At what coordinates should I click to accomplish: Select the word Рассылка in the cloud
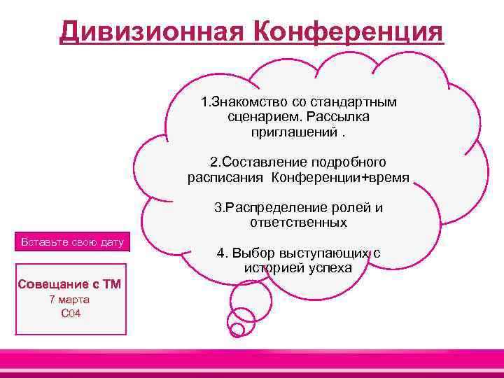click(x=338, y=117)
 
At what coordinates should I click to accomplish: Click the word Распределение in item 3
click(x=292, y=208)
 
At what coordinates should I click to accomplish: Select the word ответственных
click(x=298, y=223)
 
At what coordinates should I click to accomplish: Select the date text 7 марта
click(x=69, y=299)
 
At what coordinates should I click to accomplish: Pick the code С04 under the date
click(x=71, y=313)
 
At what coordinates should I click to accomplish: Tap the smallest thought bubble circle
click(x=237, y=329)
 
